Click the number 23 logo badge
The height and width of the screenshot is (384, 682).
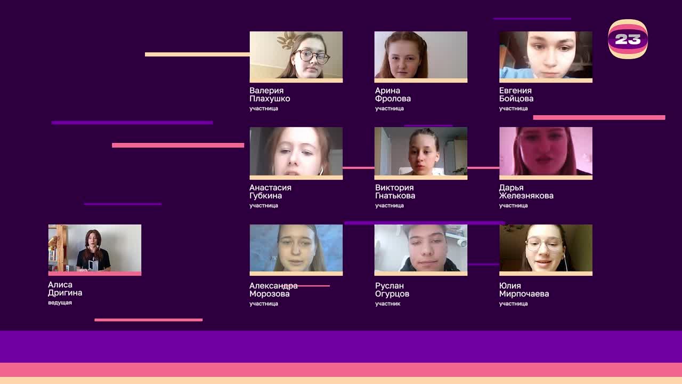click(628, 39)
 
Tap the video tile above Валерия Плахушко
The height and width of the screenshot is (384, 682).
click(296, 55)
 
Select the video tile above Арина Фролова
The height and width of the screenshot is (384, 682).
click(421, 55)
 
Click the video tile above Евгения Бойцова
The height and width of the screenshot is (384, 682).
click(546, 55)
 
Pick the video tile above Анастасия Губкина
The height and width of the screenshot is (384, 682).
click(296, 151)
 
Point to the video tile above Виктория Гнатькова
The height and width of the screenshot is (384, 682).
click(421, 151)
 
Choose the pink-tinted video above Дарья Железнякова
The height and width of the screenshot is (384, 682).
click(546, 151)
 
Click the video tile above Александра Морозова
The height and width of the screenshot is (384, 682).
click(296, 248)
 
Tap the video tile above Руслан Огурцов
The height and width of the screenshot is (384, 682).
click(421, 248)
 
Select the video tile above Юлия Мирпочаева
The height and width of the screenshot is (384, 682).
click(546, 248)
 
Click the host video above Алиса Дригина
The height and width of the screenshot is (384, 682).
click(95, 248)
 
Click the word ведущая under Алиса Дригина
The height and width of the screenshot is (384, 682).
click(60, 302)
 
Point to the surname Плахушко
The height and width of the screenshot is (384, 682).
click(270, 99)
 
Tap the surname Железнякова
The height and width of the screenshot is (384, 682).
click(526, 196)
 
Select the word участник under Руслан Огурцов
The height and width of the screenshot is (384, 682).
click(387, 303)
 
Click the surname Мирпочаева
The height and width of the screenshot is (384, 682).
click(524, 294)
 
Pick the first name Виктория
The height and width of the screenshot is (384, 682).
click(394, 187)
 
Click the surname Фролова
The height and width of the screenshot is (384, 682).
click(393, 99)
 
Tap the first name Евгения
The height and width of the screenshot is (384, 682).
click(515, 91)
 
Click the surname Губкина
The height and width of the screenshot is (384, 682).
click(265, 196)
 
